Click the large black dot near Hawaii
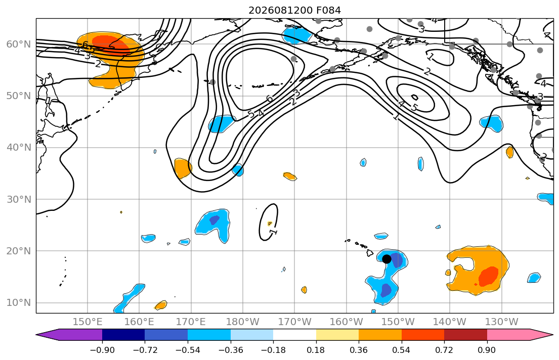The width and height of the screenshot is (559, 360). (x=386, y=259)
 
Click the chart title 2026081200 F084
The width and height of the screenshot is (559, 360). (x=294, y=10)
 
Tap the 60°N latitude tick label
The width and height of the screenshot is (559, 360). (x=19, y=44)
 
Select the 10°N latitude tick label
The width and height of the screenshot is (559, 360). (x=19, y=303)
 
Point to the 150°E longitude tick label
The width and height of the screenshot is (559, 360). (x=88, y=322)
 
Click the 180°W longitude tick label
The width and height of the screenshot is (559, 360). (x=243, y=322)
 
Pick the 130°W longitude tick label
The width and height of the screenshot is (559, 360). (x=502, y=322)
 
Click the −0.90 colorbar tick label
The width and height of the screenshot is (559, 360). (x=102, y=350)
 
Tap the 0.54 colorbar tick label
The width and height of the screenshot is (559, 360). (x=402, y=350)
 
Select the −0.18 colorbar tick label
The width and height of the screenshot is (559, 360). (x=273, y=350)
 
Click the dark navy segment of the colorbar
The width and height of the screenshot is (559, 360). (x=123, y=335)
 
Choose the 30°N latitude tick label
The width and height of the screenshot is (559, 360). (x=19, y=199)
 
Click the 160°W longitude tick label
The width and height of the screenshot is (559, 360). (x=347, y=322)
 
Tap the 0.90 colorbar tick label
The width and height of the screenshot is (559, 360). (x=487, y=350)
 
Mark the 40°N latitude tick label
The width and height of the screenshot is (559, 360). (x=19, y=148)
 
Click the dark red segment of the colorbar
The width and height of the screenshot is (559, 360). (x=465, y=335)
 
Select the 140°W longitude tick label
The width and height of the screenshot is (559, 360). (x=450, y=322)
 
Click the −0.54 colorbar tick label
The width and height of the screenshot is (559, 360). (x=188, y=350)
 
